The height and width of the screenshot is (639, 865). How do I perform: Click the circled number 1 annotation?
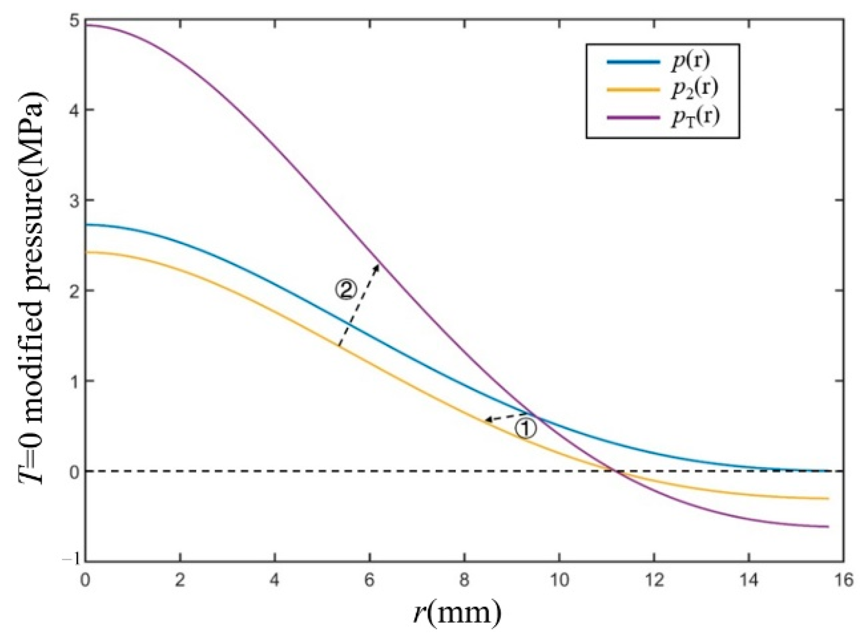tap(525, 429)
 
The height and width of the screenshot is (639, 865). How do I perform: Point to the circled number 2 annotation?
tap(345, 290)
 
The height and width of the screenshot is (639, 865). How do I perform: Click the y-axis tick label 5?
tap(73, 21)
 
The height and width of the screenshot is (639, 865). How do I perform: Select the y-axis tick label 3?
tap(73, 200)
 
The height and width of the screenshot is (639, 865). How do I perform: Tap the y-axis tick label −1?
tap(69, 561)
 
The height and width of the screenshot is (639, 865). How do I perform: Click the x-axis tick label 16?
tap(843, 581)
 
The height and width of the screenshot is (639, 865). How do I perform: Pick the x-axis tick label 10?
tap(559, 581)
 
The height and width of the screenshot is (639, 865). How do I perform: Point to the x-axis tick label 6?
tap(369, 581)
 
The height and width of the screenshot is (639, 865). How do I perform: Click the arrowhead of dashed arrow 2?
tap(378, 265)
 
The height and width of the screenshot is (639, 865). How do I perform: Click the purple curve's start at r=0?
tap(86, 25)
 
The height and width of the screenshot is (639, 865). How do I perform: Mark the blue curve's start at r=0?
tap(86, 225)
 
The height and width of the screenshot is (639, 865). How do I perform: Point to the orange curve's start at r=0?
tap(86, 252)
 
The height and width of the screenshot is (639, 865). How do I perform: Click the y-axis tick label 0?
tap(73, 471)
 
